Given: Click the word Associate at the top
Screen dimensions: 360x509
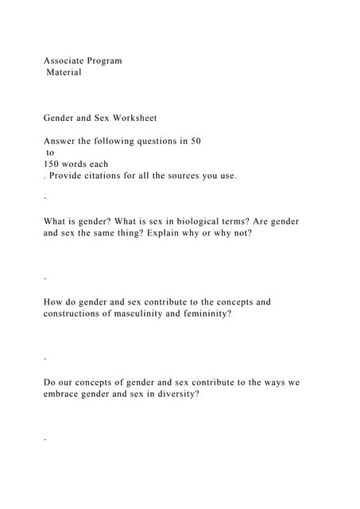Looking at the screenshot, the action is click(x=64, y=60).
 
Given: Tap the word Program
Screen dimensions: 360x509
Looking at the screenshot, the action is click(x=105, y=60).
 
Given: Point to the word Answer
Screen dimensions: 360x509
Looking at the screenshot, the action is click(x=60, y=141).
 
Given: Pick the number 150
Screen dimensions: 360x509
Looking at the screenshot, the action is click(x=52, y=164).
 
